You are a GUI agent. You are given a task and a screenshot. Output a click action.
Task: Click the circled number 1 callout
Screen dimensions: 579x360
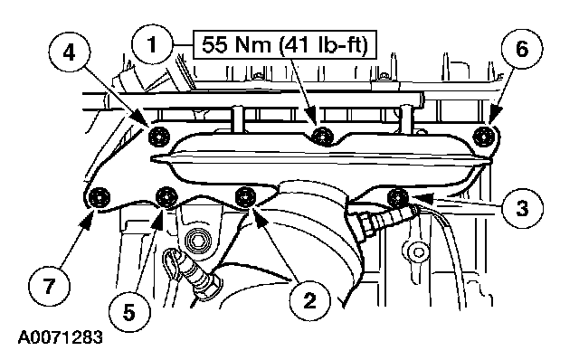coord(152,45)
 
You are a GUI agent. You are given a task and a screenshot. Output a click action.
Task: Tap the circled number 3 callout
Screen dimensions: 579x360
coord(522,208)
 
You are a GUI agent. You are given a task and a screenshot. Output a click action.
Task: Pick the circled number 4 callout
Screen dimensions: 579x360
coord(69,52)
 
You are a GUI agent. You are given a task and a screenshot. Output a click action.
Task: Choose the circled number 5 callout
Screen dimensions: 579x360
coord(129,313)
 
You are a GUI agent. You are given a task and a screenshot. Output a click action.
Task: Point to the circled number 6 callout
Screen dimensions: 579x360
coord(522,48)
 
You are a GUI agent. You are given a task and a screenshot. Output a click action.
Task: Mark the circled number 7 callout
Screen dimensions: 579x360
coord(49,286)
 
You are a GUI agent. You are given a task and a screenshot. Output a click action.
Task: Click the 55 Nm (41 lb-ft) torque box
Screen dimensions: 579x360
coord(285,45)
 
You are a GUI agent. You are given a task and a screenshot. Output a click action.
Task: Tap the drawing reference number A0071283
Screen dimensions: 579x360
coord(61,337)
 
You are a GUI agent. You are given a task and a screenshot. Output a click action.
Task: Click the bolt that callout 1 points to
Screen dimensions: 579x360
coord(322,136)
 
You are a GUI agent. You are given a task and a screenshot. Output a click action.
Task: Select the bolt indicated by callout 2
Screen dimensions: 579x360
coord(245,196)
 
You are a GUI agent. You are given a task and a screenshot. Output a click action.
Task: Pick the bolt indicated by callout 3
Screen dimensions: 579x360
coord(397,197)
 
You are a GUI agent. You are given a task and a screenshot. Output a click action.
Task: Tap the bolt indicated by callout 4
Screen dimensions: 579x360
coord(159,137)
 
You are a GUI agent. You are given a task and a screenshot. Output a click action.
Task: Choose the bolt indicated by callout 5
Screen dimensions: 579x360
coord(166,197)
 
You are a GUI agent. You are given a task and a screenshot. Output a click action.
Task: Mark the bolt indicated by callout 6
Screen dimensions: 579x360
coord(484,137)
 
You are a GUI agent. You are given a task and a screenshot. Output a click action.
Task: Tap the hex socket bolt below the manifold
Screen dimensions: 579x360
coord(195,243)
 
